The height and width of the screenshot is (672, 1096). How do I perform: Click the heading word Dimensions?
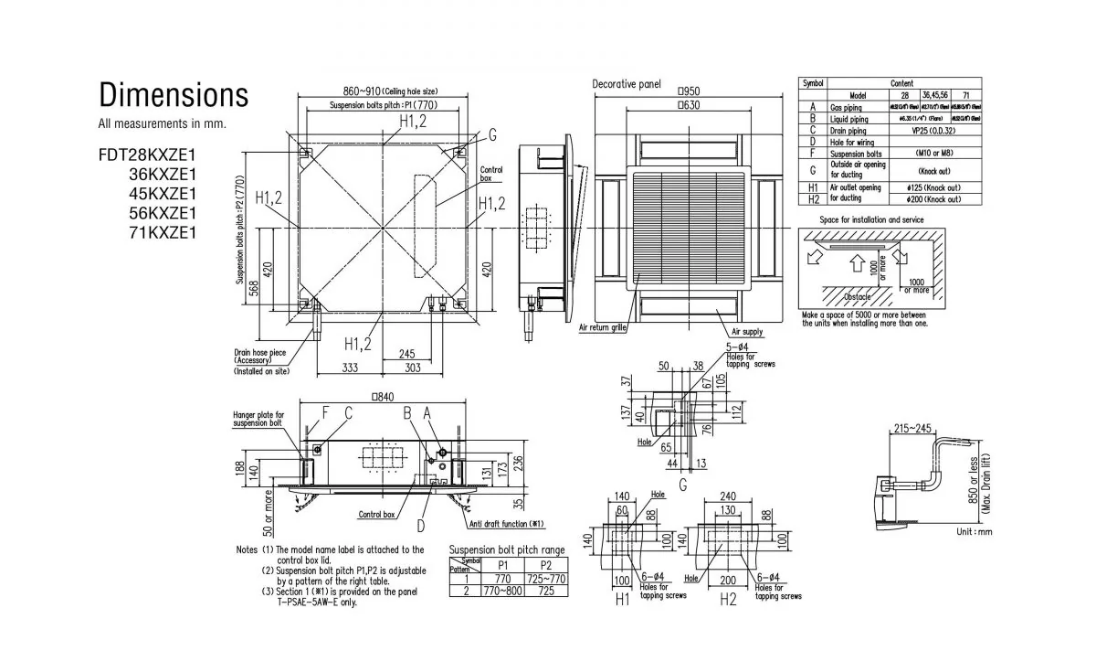174,95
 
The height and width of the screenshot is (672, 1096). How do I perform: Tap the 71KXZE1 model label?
164,232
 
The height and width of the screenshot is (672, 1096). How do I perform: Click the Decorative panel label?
627,84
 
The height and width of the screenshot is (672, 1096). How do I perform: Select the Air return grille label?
602,326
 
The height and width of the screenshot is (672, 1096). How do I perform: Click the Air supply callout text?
746,331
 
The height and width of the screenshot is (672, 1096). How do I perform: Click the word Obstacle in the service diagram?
857,297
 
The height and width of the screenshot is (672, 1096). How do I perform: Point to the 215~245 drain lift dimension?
913,429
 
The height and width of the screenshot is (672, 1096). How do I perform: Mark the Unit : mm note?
973,531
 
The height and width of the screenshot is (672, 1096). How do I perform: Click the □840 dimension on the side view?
383,398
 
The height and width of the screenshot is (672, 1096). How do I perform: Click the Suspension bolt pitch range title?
507,549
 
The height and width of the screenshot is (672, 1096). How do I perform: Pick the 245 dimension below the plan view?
407,353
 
